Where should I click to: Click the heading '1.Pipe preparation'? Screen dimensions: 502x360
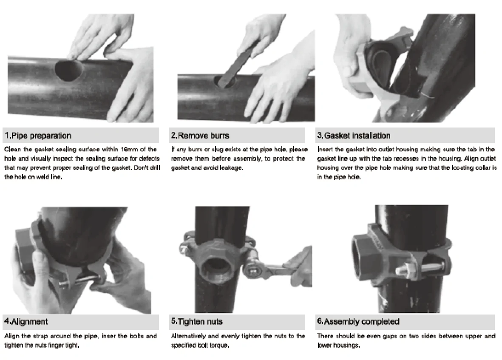(38, 136)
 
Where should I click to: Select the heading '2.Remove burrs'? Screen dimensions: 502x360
(200, 136)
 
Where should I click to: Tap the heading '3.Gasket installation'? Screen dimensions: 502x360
(354, 136)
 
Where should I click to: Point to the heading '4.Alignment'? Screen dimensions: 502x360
(26, 321)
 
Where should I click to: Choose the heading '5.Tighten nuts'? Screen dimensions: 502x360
(196, 321)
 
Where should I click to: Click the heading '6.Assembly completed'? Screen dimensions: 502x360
(358, 321)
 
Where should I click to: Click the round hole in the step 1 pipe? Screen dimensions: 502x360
(68, 70)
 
